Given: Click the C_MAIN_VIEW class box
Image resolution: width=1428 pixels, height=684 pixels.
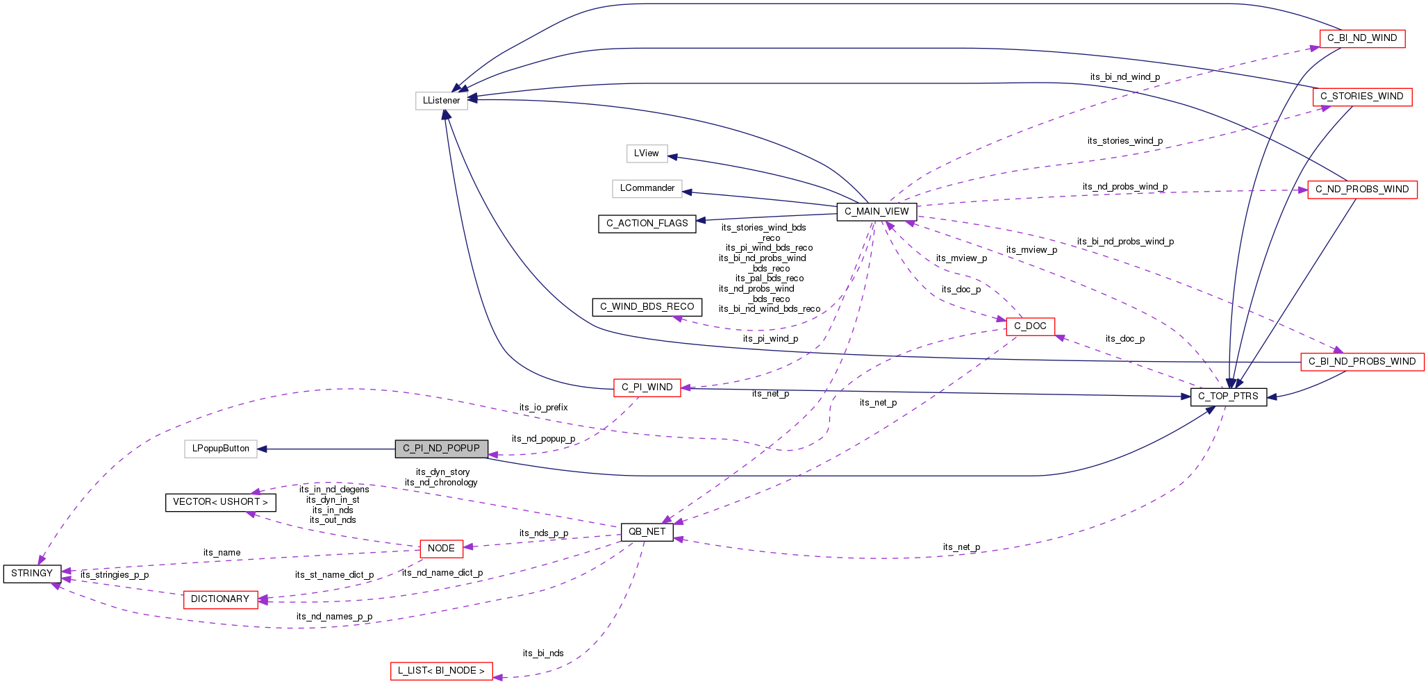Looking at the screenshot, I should click(877, 212).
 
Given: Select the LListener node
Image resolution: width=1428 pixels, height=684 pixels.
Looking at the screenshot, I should click(442, 101).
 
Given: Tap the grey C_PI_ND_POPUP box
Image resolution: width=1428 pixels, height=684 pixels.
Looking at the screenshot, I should click(441, 449).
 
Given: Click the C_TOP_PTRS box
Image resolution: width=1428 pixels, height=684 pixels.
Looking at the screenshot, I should click(1228, 397).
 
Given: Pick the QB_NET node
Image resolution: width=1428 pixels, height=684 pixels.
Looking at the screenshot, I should click(647, 532).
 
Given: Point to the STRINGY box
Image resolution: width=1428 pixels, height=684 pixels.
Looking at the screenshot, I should click(32, 574).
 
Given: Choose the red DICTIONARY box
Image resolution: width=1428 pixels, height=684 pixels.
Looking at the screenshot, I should click(220, 599).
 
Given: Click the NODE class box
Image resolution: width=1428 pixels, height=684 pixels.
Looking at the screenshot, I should click(441, 549).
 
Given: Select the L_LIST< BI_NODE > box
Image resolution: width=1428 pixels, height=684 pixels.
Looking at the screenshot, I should click(441, 671).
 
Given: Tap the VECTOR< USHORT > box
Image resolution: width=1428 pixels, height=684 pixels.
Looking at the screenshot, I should click(220, 502).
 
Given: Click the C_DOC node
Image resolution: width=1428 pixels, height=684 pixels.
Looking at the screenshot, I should click(1030, 326).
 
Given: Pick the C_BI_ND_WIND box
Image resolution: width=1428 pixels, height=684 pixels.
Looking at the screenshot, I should click(1361, 38).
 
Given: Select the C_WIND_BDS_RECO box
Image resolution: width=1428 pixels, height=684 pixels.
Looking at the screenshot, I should click(647, 307).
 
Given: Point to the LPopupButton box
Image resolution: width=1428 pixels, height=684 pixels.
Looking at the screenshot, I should click(221, 449).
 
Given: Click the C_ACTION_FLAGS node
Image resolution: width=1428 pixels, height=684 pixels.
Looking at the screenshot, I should click(647, 224).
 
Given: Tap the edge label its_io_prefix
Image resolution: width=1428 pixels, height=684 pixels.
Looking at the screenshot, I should click(543, 408).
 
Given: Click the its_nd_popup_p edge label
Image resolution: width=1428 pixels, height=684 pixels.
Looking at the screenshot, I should click(543, 439).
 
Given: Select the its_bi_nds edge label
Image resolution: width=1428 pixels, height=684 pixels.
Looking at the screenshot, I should click(543, 653).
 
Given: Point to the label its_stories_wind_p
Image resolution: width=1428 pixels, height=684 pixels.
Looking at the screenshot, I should click(1124, 141).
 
